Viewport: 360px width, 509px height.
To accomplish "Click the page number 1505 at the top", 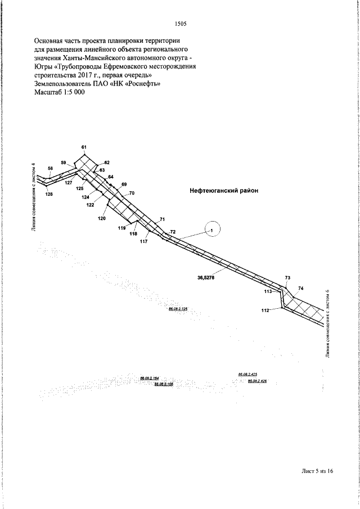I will pos(181,24).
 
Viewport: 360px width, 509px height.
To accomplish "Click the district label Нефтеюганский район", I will pos(223,191).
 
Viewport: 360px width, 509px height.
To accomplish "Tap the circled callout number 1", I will pos(213,229).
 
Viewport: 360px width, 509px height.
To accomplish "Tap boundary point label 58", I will pos(51,168).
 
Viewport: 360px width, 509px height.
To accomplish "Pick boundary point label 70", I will pos(133,193).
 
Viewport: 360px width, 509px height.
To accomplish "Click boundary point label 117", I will pos(143,241).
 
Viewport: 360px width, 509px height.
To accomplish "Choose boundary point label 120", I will pos(101,218).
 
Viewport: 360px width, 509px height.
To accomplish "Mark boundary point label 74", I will pos(301,288).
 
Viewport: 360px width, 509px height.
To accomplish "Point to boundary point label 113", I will pos(268,292).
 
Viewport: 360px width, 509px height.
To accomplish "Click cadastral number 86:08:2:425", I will pos(247,374).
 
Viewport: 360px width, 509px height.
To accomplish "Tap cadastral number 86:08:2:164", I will pos(149,378).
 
